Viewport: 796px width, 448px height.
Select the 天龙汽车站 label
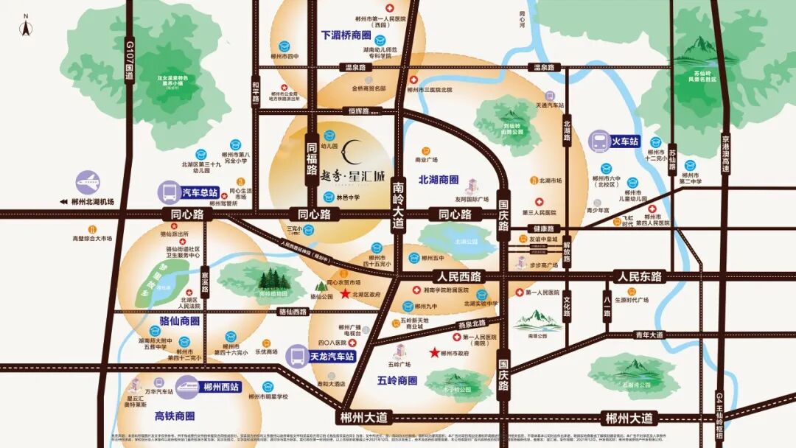coord(332,356)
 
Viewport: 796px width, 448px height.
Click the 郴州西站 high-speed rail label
coord(221,386)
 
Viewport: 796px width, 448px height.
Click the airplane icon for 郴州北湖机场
coord(88,182)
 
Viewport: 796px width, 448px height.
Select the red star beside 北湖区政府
coord(345,294)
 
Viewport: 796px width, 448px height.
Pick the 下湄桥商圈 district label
coord(346,35)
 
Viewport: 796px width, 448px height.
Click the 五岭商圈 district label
coord(397,381)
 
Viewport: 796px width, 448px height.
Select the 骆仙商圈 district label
coord(179,321)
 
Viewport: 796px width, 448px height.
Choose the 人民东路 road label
coord(640,277)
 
